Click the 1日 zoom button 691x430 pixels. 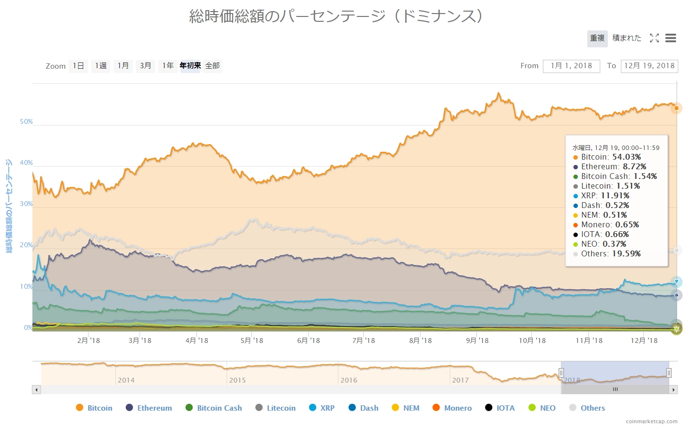pos(78,66)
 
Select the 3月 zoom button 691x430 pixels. pos(146,66)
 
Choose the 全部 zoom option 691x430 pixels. pos(212,66)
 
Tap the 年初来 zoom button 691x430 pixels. pos(190,66)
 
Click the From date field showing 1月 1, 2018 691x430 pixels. pos(571,66)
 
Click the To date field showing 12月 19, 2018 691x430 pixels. pos(649,66)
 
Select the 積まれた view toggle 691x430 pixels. pos(627,38)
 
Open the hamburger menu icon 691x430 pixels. pos(670,38)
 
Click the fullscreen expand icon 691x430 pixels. pos(654,38)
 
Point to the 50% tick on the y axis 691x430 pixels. pos(26,122)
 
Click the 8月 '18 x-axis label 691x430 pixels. pos(420,341)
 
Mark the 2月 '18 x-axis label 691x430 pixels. pos(88,341)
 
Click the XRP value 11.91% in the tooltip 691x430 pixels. pos(615,196)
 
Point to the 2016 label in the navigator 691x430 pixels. pos(349,380)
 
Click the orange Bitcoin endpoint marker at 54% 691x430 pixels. pos(676,108)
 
